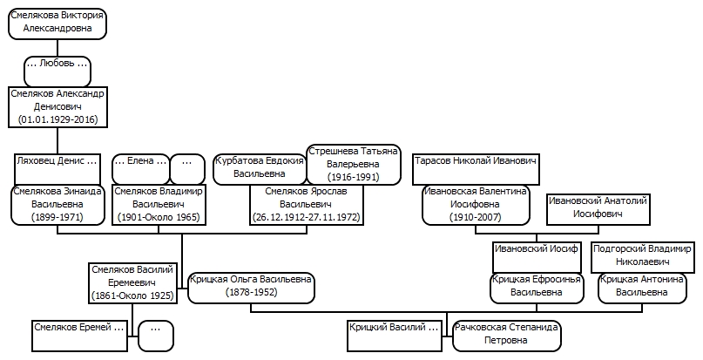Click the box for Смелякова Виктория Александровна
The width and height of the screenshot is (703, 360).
click(57, 24)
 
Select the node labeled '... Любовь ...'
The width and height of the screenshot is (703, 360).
click(57, 71)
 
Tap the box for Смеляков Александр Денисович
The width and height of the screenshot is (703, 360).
click(57, 107)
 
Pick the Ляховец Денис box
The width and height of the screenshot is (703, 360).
click(57, 169)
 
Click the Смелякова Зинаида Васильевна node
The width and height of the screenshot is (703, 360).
click(57, 204)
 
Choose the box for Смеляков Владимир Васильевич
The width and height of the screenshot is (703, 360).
click(159, 204)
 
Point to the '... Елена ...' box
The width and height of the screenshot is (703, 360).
click(141, 169)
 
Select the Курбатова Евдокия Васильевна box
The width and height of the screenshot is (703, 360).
click(260, 169)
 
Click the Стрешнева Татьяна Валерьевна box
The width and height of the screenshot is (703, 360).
click(354, 164)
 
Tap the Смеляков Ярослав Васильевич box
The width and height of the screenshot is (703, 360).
click(307, 204)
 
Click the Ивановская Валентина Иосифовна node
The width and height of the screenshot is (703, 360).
click(476, 204)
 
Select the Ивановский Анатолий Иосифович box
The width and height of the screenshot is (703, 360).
click(598, 209)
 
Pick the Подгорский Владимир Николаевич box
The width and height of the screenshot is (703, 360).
click(643, 257)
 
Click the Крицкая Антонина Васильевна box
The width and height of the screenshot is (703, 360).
click(643, 288)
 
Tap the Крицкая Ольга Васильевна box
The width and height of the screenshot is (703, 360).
click(251, 288)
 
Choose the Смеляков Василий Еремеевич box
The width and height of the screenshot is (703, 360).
click(132, 282)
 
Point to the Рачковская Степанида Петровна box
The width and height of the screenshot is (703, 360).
click(507, 336)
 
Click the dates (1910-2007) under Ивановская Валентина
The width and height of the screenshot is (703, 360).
click(476, 217)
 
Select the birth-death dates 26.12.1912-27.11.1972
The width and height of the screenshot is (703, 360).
click(307, 217)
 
